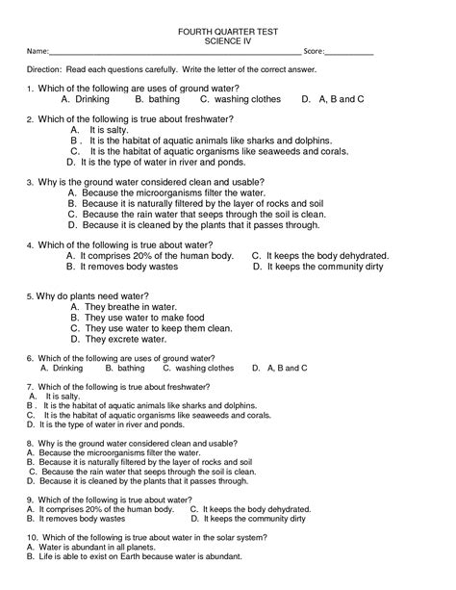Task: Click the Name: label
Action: click(38, 50)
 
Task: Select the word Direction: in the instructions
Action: click(44, 70)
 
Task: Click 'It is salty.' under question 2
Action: click(103, 128)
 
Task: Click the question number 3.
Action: click(30, 181)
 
